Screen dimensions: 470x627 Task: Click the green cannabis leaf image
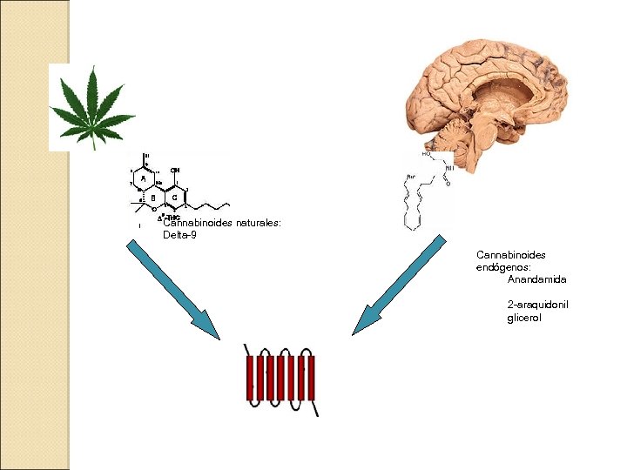coord(91,107)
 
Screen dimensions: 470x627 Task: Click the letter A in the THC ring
coord(144,178)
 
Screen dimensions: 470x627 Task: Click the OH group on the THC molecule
coord(176,170)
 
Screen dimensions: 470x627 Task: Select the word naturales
coord(259,224)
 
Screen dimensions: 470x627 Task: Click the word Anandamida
coord(537,279)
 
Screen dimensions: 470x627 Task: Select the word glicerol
coord(524,319)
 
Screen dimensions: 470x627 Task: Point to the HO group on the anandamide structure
coord(427,154)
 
